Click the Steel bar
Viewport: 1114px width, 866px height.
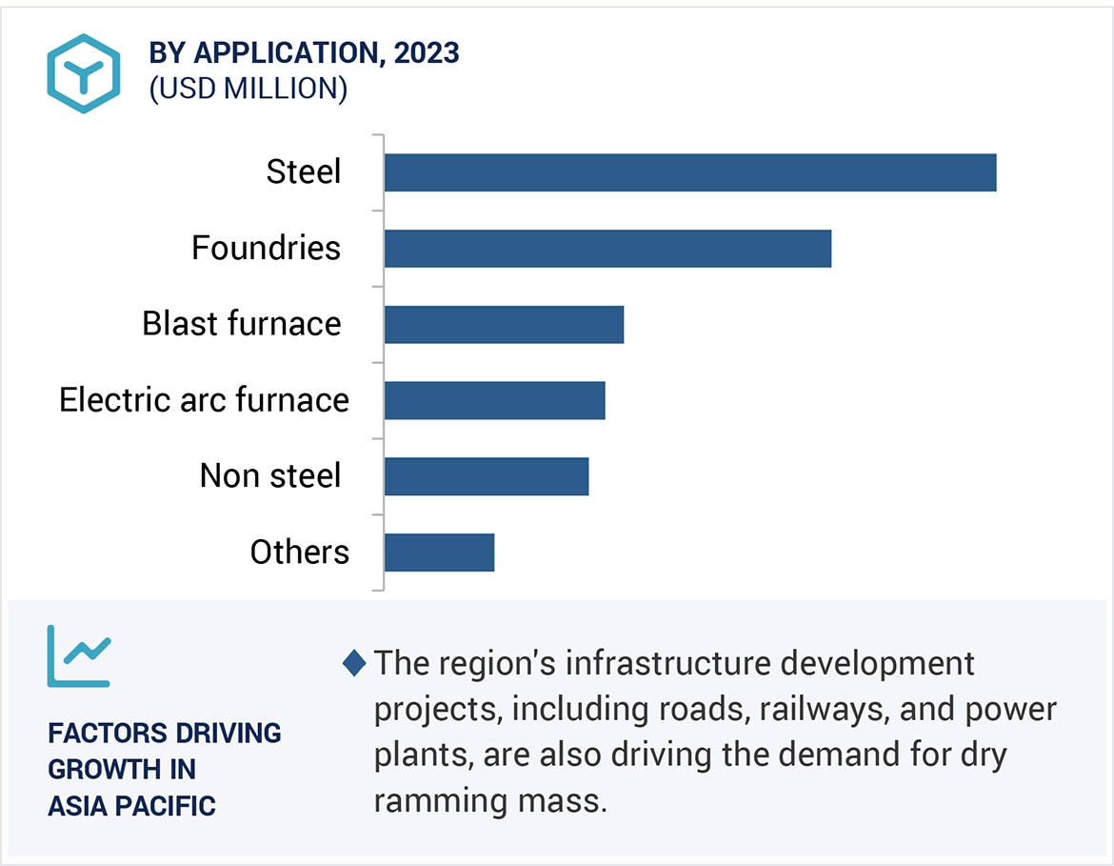690,172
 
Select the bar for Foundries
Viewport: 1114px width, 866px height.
607,249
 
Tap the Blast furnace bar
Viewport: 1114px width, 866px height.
504,324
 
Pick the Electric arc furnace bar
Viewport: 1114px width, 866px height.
494,400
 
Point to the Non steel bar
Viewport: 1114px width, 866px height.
487,476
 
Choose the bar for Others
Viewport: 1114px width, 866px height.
439,553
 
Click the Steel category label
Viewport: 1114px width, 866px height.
303,172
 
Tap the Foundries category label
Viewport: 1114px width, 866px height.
266,249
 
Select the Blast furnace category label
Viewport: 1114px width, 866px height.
241,324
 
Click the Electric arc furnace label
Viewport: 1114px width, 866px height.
204,400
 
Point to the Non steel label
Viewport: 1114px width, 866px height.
269,475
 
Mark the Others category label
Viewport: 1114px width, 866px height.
299,553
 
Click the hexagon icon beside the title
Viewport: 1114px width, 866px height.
84,73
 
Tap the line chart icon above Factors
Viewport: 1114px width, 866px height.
79,655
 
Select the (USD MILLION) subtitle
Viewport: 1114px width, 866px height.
248,89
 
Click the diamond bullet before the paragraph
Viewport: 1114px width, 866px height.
353,663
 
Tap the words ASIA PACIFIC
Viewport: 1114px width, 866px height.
131,806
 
